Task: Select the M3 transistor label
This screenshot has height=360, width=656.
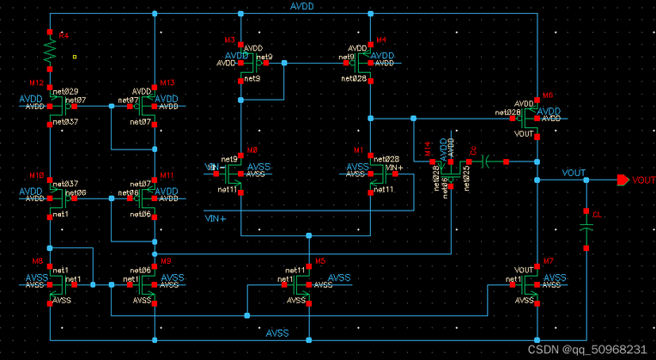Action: click(229, 40)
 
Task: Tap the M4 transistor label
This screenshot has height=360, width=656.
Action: click(381, 40)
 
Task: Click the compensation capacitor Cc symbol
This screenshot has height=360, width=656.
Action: click(486, 161)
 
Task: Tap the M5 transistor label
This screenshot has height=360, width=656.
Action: click(319, 260)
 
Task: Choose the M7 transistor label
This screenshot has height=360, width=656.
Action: click(549, 260)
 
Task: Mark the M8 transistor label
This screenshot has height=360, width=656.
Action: click(37, 260)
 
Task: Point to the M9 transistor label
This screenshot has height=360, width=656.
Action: click(167, 260)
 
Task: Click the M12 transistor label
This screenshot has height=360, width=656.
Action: click(36, 82)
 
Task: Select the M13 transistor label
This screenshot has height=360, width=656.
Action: click(167, 82)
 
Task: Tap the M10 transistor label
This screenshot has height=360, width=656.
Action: click(36, 174)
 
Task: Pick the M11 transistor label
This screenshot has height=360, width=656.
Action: click(167, 174)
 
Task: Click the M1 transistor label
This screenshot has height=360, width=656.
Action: click(358, 149)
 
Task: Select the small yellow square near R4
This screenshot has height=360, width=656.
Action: click(76, 58)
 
